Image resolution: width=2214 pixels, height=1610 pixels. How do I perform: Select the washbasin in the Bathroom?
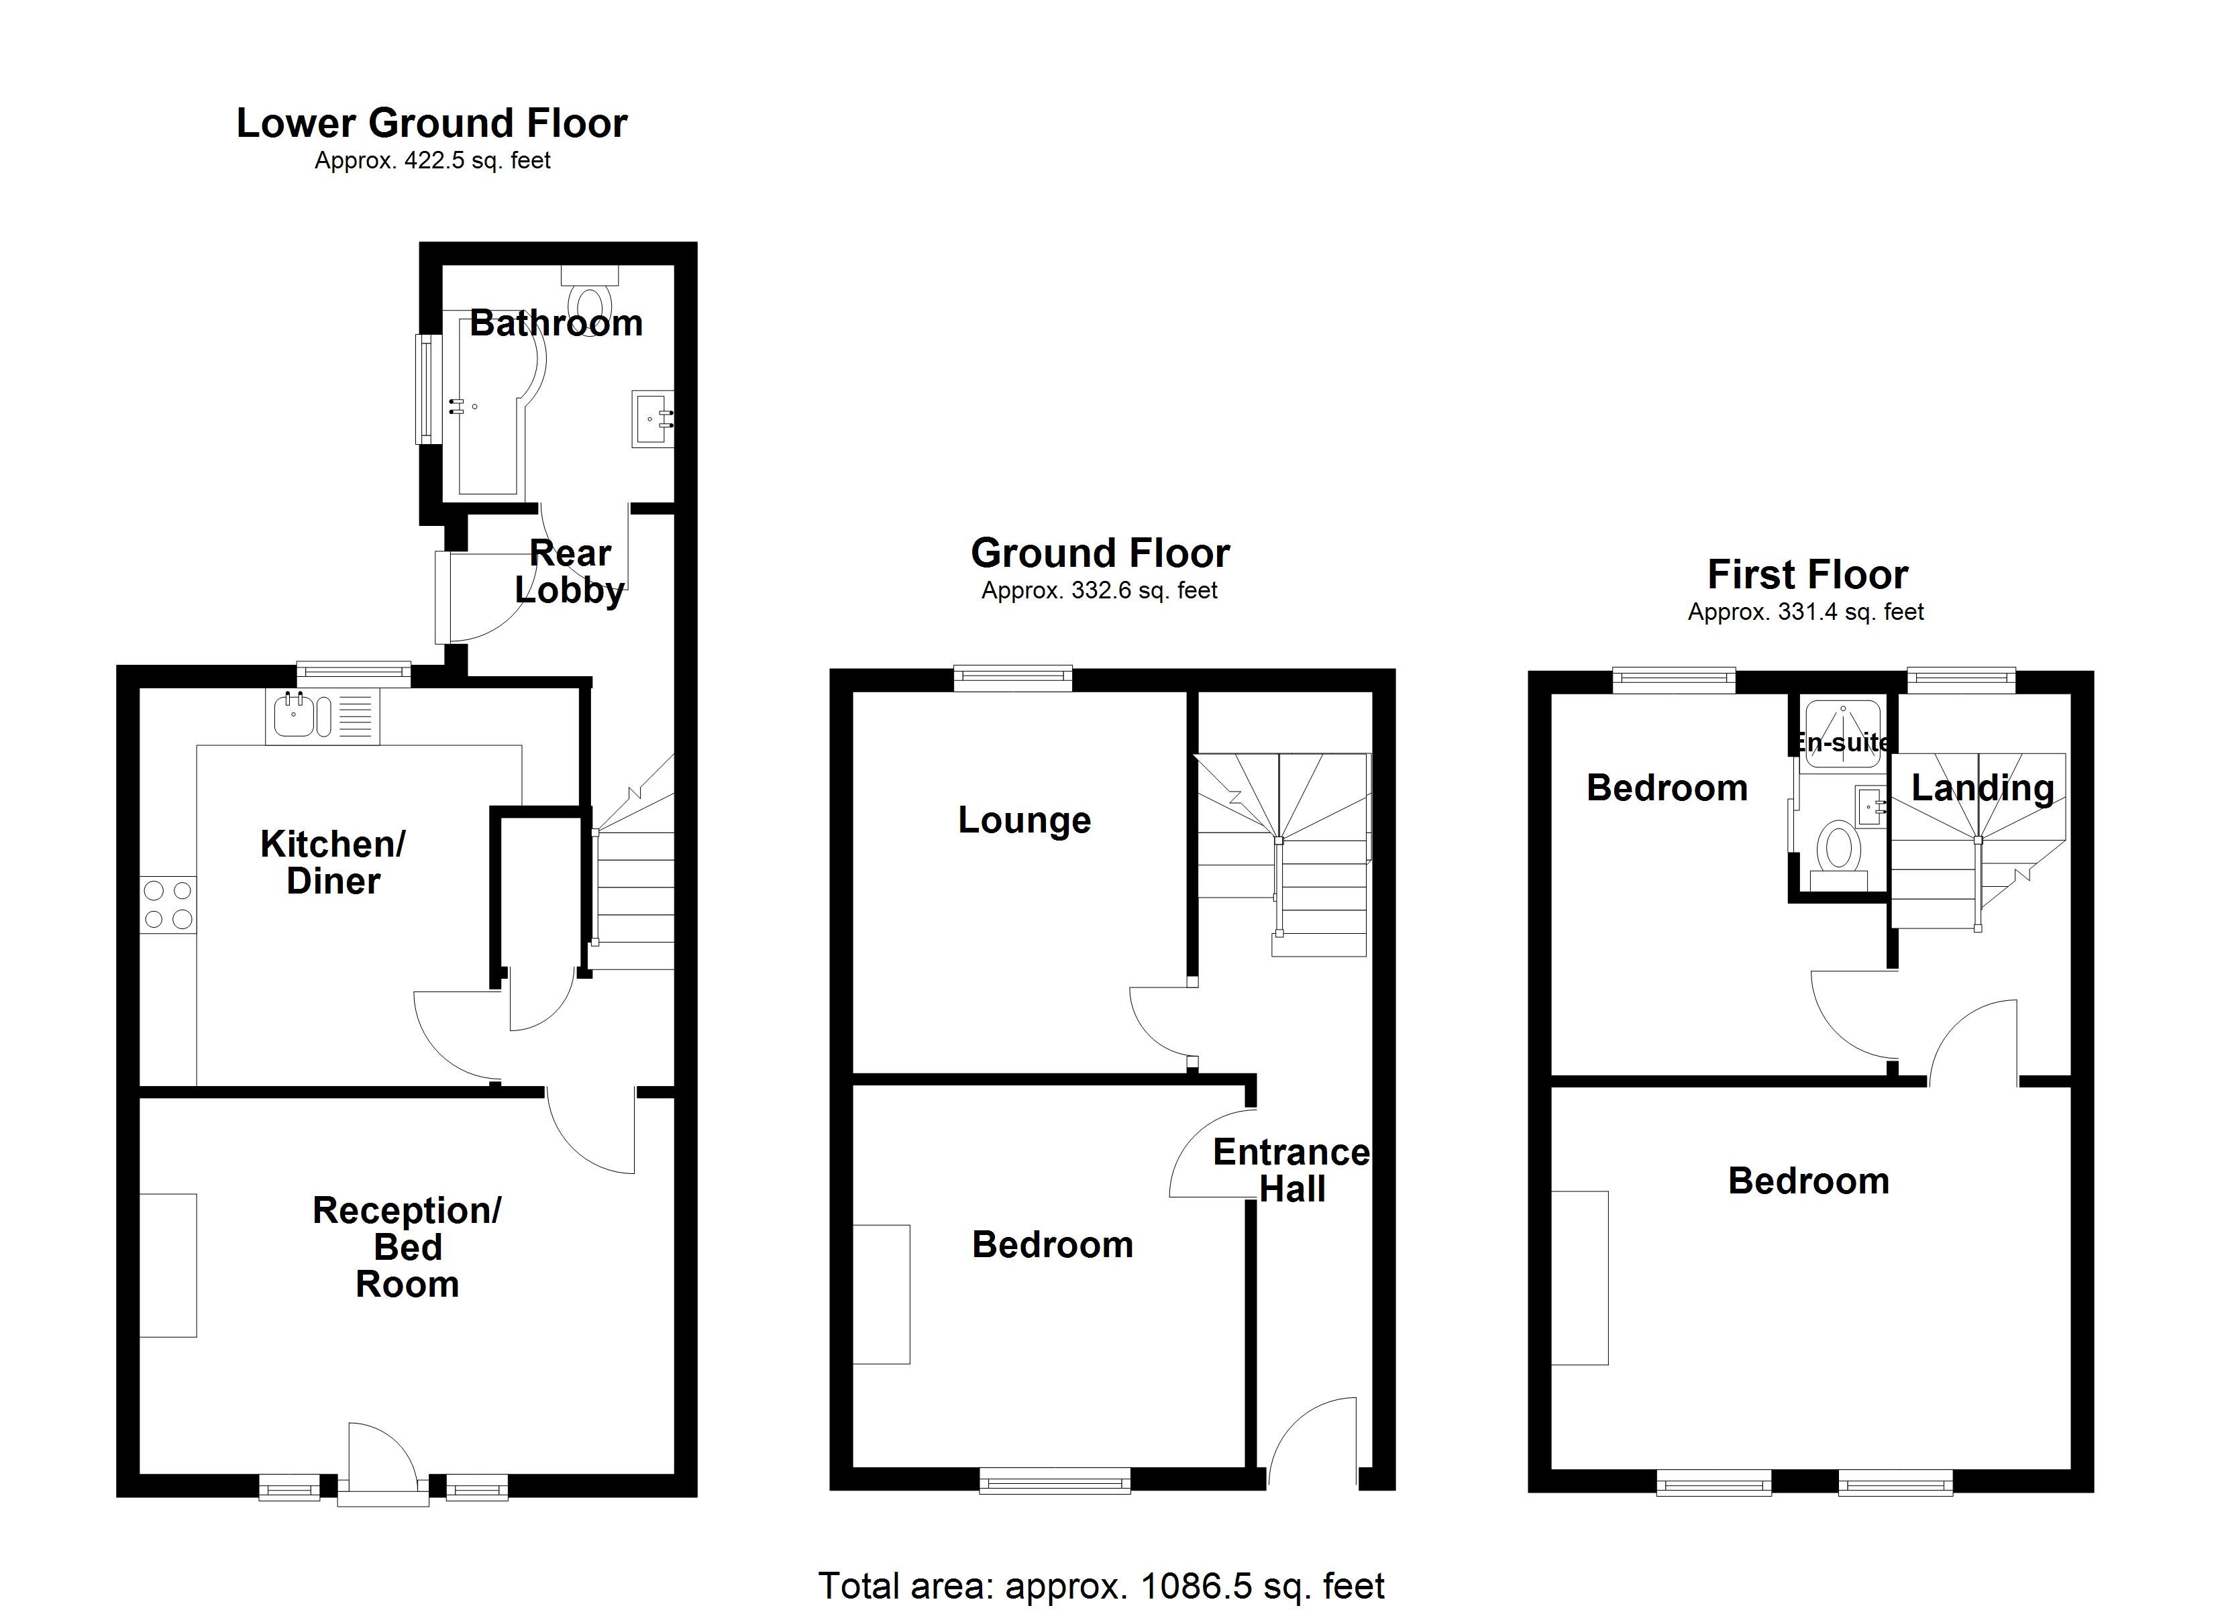pyautogui.click(x=652, y=419)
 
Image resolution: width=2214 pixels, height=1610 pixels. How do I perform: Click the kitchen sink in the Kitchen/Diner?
pyautogui.click(x=294, y=716)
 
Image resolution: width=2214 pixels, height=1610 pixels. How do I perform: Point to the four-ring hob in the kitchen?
pyautogui.click(x=168, y=905)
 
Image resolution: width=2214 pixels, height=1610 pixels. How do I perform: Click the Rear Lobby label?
pyautogui.click(x=570, y=572)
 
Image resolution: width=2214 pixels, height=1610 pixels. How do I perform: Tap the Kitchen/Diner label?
pyautogui.click(x=333, y=862)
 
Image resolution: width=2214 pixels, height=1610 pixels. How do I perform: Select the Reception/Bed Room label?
pyautogui.click(x=407, y=1247)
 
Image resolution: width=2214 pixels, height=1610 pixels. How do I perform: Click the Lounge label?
pyautogui.click(x=1024, y=820)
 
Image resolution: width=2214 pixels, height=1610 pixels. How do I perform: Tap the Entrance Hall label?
pyautogui.click(x=1291, y=1171)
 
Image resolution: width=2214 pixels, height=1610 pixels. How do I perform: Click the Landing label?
pyautogui.click(x=1982, y=788)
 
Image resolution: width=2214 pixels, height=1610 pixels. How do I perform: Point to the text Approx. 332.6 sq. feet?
pyautogui.click(x=1099, y=591)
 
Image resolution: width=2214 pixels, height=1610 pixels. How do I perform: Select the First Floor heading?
pyautogui.click(x=1807, y=575)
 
